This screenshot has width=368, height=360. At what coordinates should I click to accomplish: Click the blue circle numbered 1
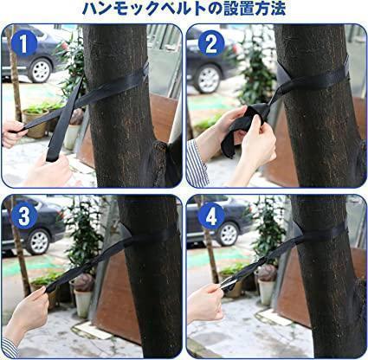coord(24,43)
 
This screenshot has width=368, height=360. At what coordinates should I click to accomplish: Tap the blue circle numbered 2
coord(211,43)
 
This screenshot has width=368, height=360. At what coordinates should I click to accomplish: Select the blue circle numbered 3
coord(24,215)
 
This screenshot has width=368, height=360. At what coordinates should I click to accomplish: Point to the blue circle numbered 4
coord(211,215)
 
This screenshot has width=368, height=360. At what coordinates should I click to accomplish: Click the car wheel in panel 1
coord(41,70)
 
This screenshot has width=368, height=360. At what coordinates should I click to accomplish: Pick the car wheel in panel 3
coord(37,241)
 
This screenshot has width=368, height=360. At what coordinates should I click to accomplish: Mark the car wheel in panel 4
coord(228,235)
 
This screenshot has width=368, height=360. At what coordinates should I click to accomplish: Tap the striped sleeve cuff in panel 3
coord(10,348)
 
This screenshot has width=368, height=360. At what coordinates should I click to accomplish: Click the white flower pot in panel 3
coord(82,303)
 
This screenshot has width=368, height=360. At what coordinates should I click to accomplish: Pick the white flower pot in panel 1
coord(71,137)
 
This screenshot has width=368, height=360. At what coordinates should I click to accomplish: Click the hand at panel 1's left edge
coord(12,133)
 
